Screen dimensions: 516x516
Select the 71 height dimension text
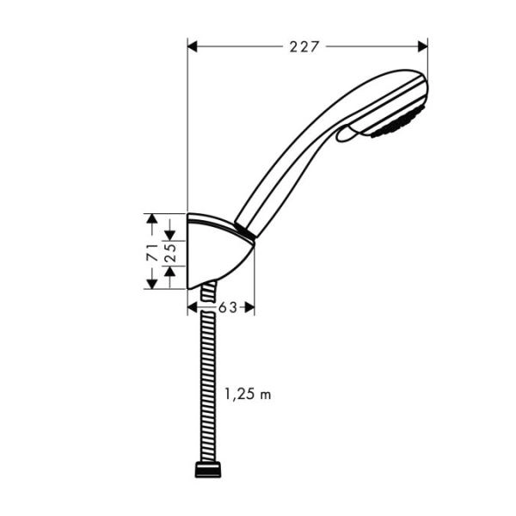(150, 252)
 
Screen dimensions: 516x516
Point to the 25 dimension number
(169, 252)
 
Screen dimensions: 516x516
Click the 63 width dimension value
(227, 307)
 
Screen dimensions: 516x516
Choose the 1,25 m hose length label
(248, 395)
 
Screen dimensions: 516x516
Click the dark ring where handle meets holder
(245, 231)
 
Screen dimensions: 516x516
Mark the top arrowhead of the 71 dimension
(152, 220)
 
